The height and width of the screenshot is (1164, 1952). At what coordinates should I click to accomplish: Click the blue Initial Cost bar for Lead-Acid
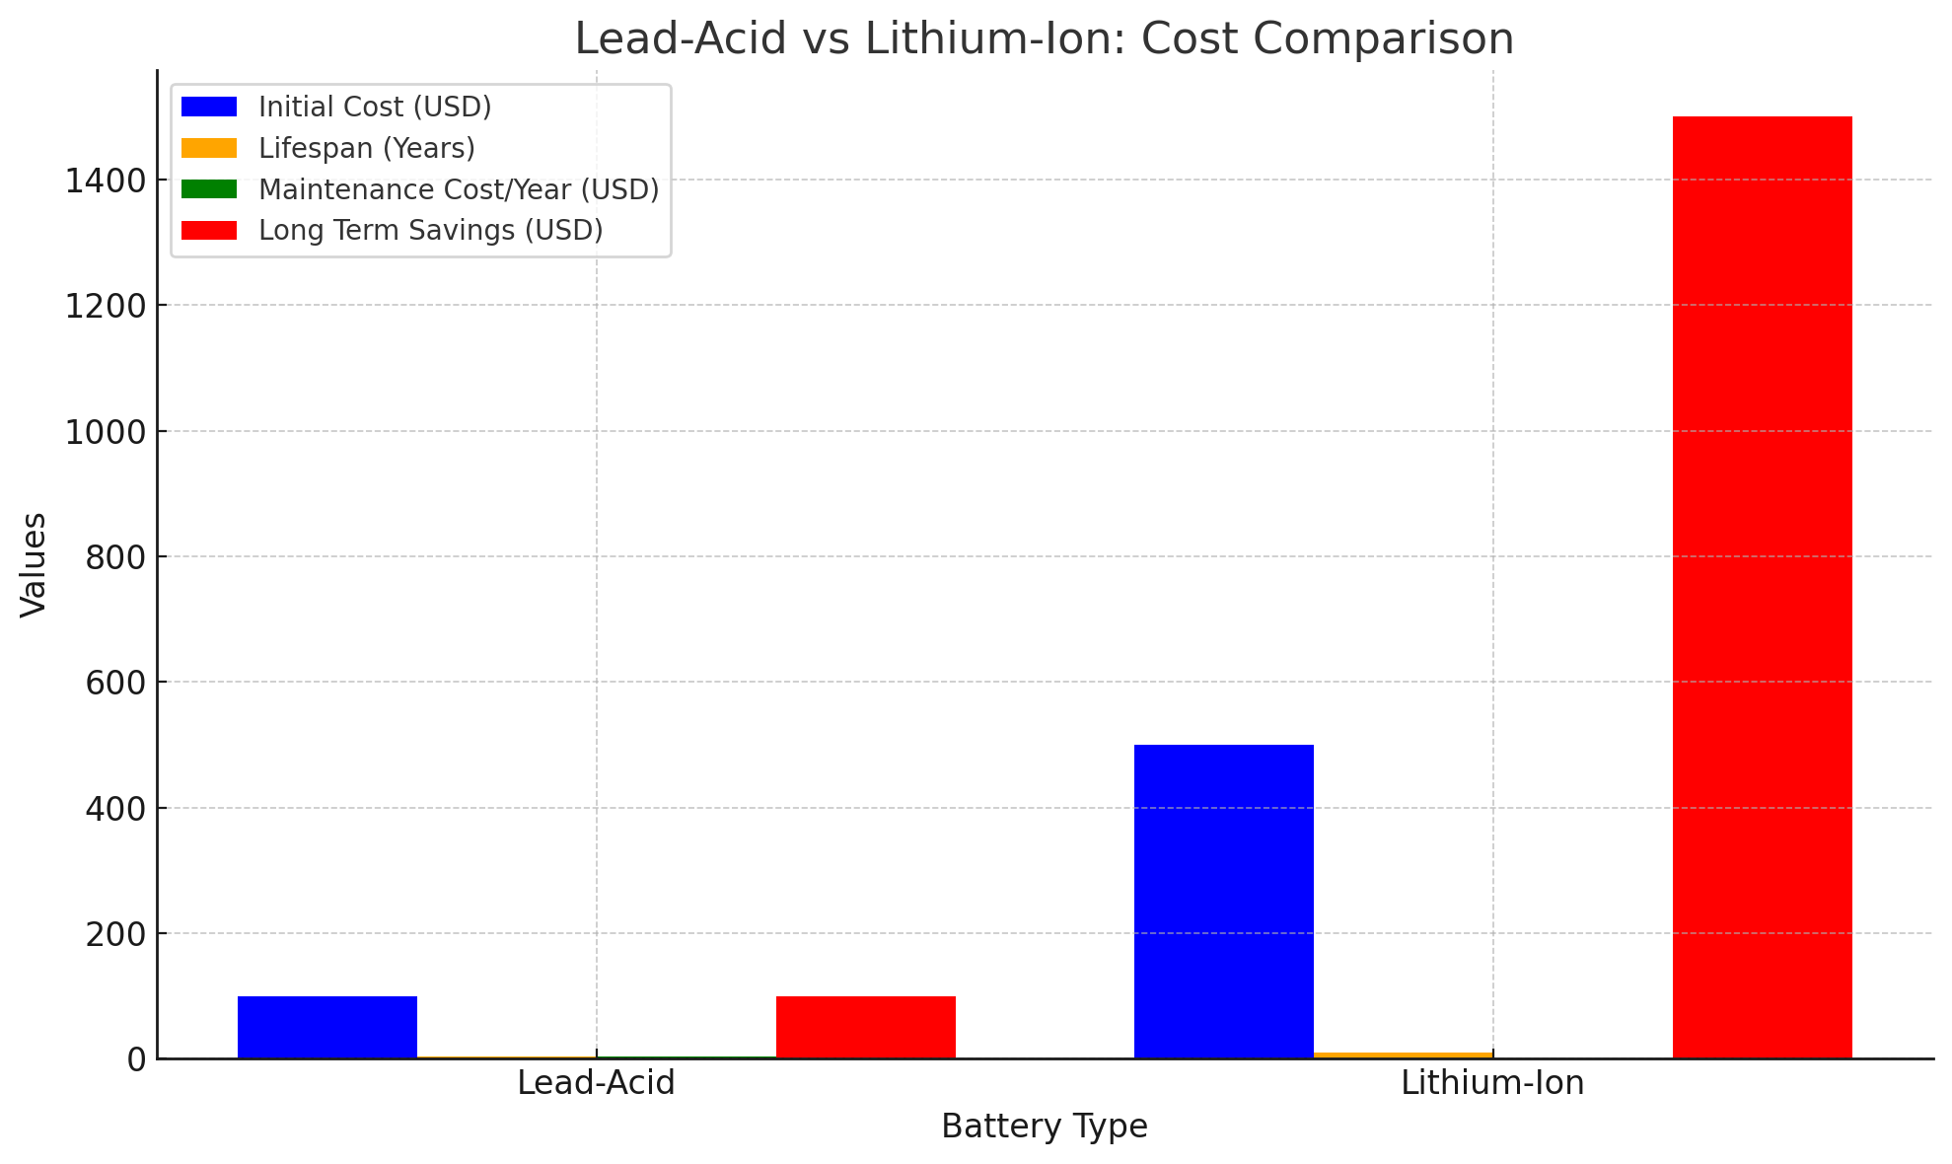(x=327, y=1027)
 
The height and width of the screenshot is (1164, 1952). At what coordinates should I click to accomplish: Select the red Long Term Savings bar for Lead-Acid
(x=866, y=1027)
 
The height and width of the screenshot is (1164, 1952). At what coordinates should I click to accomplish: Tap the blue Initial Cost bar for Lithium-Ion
(x=1224, y=901)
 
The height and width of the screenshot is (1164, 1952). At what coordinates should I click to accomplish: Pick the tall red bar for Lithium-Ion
(x=1763, y=587)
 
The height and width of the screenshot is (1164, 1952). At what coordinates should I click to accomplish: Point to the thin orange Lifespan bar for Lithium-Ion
(x=1403, y=1055)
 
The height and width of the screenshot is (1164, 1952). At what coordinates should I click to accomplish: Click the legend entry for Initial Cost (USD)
(x=375, y=107)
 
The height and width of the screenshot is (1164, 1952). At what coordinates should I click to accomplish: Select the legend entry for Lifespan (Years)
(x=366, y=148)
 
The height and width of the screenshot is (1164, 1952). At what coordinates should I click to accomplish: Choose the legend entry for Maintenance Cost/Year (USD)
(x=458, y=189)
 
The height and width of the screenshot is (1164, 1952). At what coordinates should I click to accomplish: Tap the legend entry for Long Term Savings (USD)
(x=430, y=230)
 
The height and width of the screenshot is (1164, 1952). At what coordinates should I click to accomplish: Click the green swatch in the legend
(x=209, y=189)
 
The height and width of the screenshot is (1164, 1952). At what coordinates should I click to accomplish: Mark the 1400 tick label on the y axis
(x=105, y=181)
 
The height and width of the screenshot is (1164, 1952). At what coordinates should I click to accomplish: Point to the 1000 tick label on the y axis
(x=105, y=431)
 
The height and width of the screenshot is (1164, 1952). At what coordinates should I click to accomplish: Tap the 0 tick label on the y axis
(x=136, y=1059)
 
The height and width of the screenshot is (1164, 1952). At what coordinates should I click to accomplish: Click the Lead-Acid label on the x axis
(x=596, y=1083)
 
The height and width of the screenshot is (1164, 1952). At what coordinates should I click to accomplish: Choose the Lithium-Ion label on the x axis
(x=1492, y=1083)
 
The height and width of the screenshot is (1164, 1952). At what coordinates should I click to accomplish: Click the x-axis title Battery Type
(x=1045, y=1127)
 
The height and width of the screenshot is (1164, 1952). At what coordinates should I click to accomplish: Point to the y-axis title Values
(x=34, y=564)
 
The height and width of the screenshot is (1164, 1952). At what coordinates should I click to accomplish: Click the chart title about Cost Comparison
(x=1045, y=39)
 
